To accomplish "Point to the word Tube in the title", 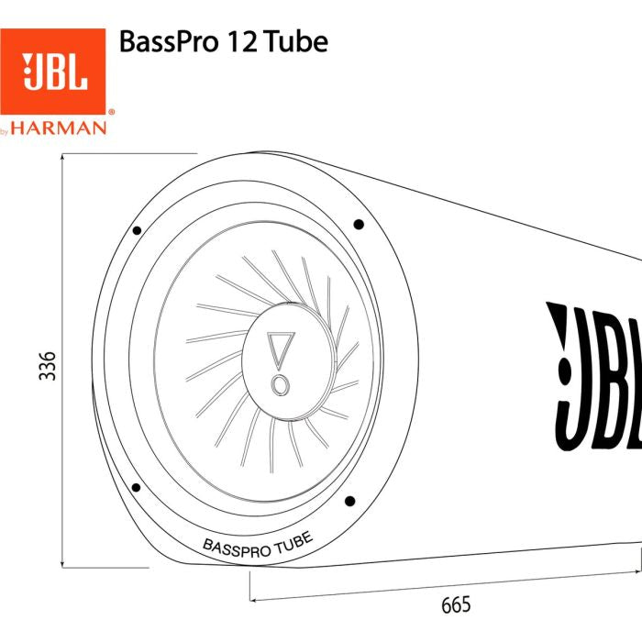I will pyautogui.click(x=290, y=42).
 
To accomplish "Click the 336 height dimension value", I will pyautogui.click(x=47, y=368).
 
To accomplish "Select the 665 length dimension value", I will pyautogui.click(x=456, y=604).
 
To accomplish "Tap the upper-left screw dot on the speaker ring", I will pyautogui.click(x=136, y=230).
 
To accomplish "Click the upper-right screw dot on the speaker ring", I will pyautogui.click(x=359, y=224).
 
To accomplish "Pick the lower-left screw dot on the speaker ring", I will pyautogui.click(x=136, y=487).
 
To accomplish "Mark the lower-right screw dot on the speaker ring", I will pyautogui.click(x=349, y=501).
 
